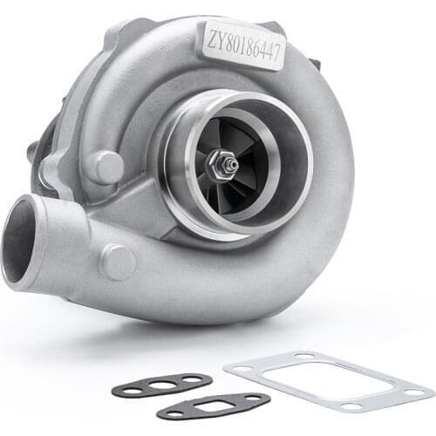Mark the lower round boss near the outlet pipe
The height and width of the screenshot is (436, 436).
119,260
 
